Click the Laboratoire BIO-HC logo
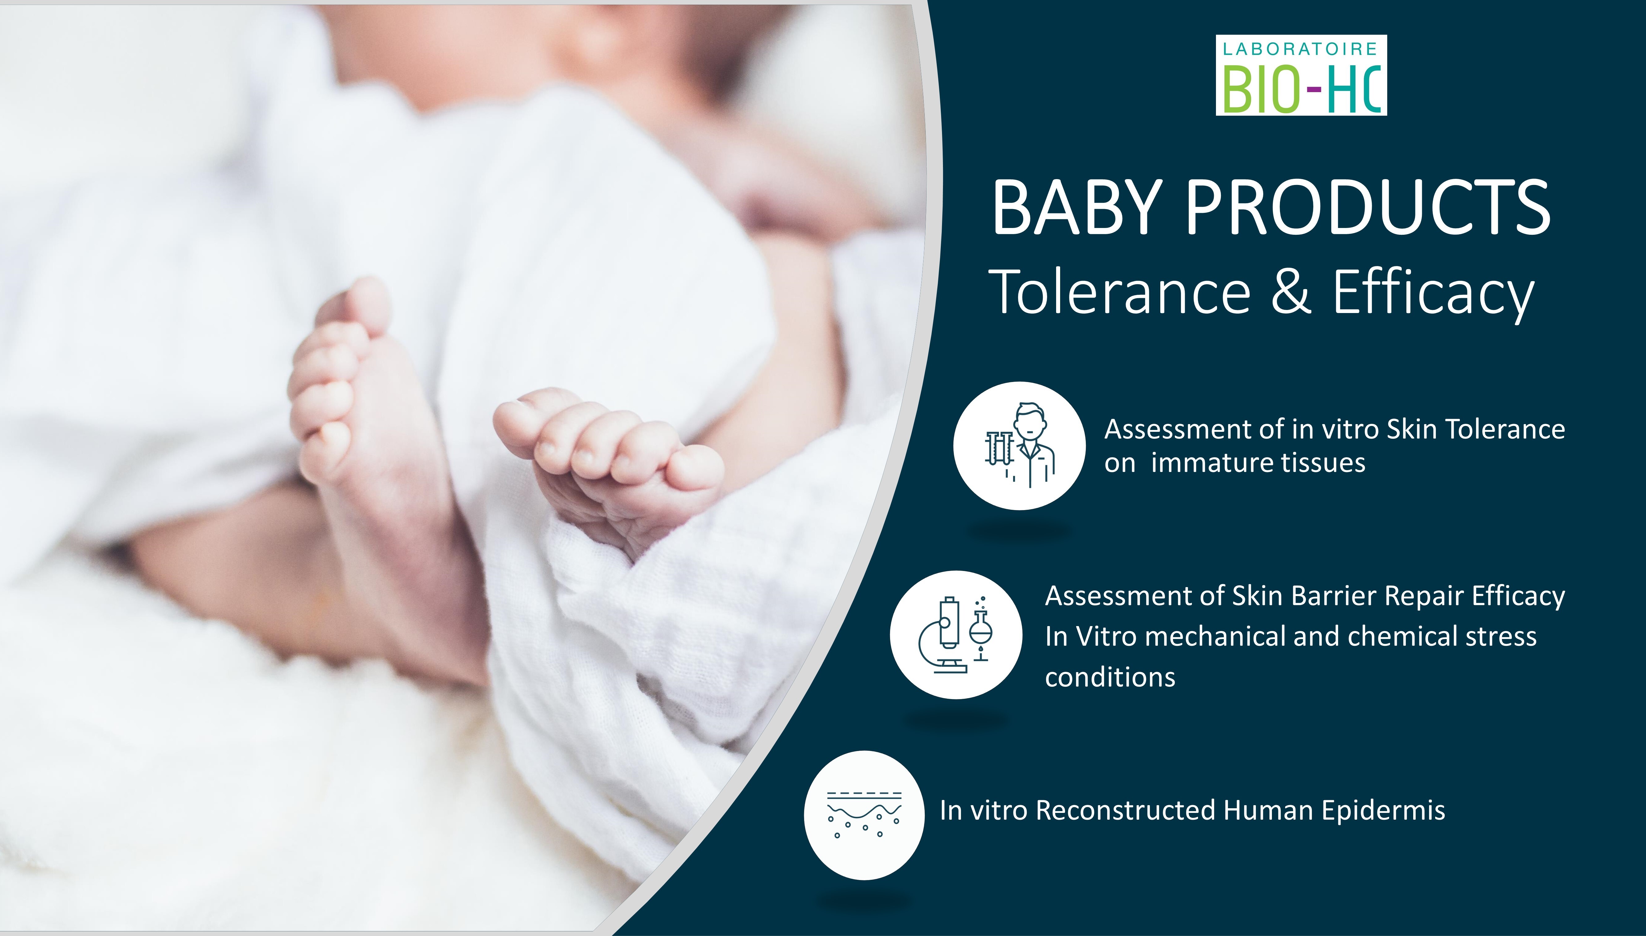(1301, 75)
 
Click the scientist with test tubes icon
(1020, 445)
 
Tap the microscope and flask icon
(956, 634)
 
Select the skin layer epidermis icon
(864, 814)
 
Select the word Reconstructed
(1126, 811)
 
